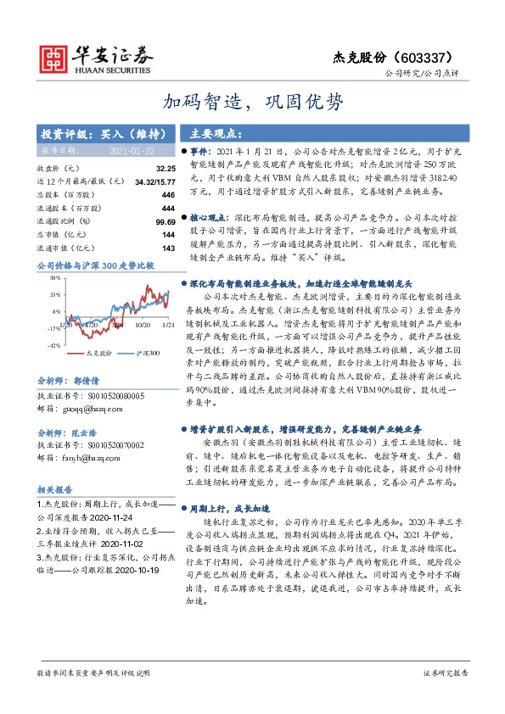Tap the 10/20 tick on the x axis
[142, 324]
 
